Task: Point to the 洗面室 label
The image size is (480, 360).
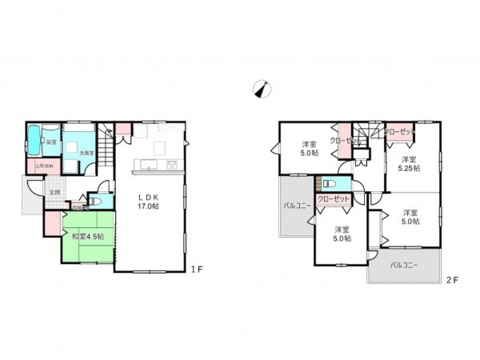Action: tap(86, 153)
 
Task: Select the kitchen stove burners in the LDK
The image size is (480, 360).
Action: tap(171, 165)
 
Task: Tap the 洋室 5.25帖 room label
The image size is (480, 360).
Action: tap(410, 164)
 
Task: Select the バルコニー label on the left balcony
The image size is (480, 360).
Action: tap(297, 206)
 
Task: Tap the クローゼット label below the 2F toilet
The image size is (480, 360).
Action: tap(333, 200)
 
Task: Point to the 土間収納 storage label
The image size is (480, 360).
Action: tap(44, 166)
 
